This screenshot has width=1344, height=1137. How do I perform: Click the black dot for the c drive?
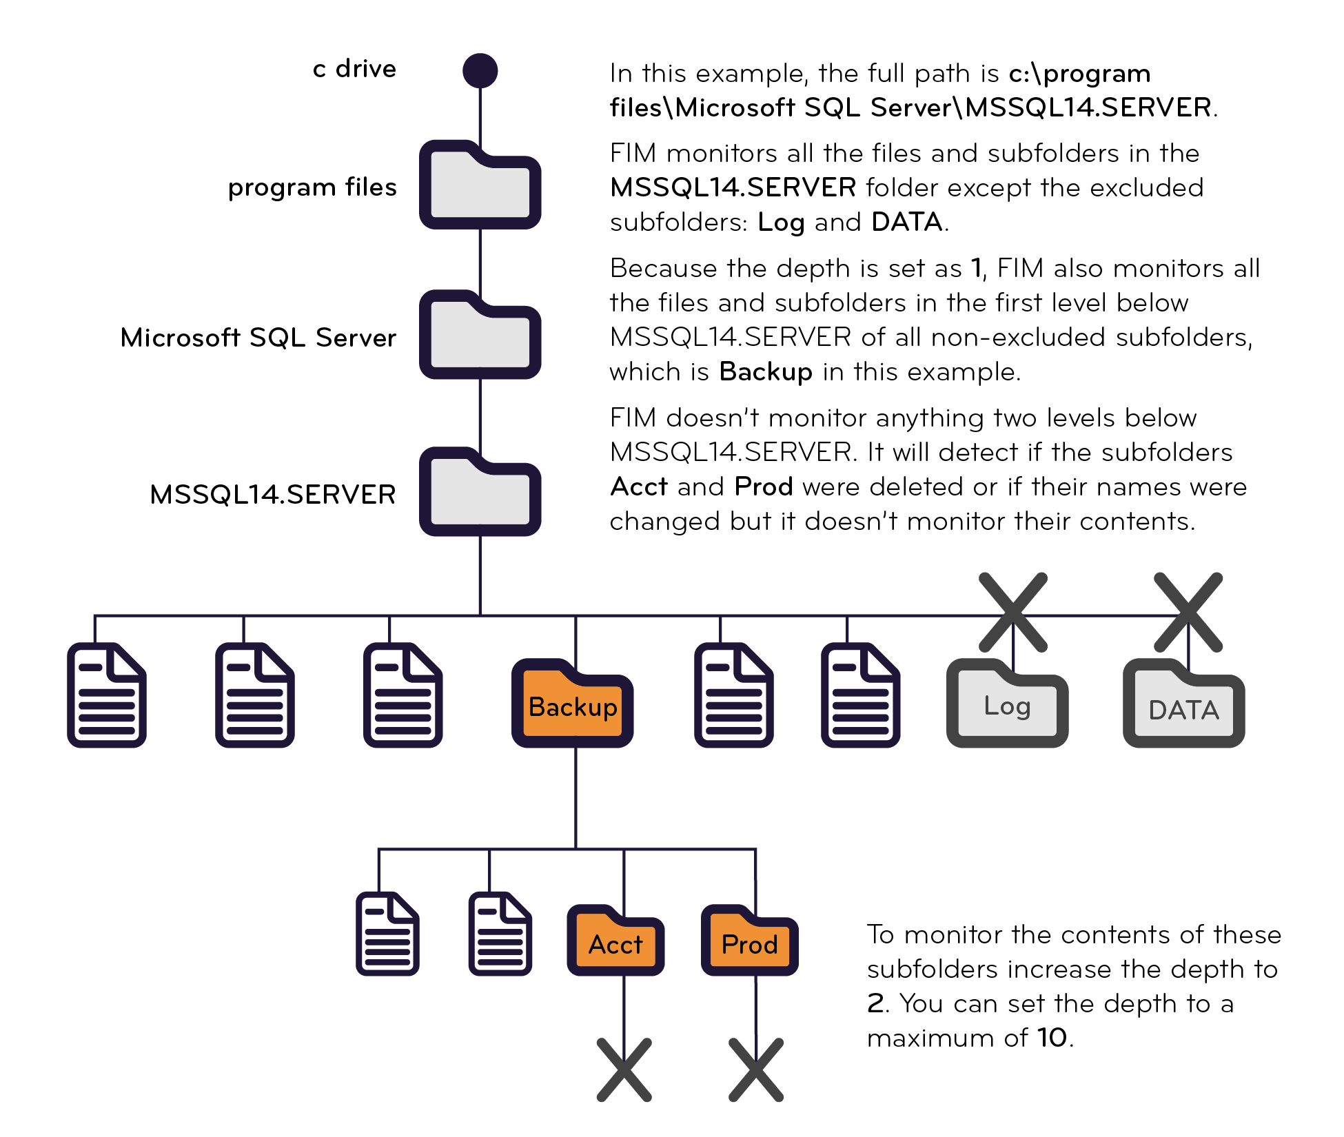pyautogui.click(x=480, y=70)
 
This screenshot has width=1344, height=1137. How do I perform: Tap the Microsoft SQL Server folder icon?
pyautogui.click(x=480, y=336)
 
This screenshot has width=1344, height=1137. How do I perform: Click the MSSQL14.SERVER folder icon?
pyautogui.click(x=480, y=493)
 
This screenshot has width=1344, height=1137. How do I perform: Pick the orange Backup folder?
pyautogui.click(x=573, y=705)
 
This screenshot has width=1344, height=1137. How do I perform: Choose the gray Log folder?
pyautogui.click(x=1007, y=705)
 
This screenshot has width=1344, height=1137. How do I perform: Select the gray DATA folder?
pyautogui.click(x=1183, y=705)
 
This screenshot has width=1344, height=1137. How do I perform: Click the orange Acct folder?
pyautogui.click(x=615, y=942)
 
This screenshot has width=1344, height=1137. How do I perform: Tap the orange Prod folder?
pyautogui.click(x=749, y=942)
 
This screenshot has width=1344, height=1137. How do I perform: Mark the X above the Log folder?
pyautogui.click(x=1012, y=612)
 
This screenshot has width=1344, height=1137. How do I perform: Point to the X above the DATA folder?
pyautogui.click(x=1188, y=612)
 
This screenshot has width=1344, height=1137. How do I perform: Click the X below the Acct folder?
pyautogui.click(x=624, y=1069)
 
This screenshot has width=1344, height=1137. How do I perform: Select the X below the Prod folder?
pyautogui.click(x=756, y=1069)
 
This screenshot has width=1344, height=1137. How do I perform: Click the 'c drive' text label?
pyautogui.click(x=354, y=69)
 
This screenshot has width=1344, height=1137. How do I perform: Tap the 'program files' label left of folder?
pyautogui.click(x=312, y=187)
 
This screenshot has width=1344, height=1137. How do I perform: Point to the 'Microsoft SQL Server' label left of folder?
pyautogui.click(x=258, y=338)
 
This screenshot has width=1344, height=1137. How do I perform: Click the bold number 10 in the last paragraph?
pyautogui.click(x=1052, y=1037)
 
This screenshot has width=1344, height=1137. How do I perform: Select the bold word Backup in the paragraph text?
pyautogui.click(x=766, y=371)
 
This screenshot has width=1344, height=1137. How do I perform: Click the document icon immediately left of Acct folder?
pyautogui.click(x=500, y=934)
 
